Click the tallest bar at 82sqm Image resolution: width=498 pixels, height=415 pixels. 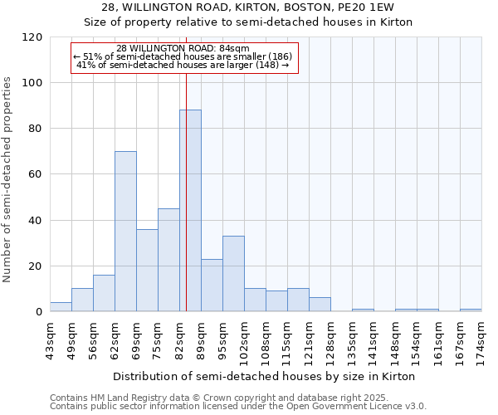(x=190, y=211)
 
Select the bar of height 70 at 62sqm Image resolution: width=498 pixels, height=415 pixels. (x=125, y=232)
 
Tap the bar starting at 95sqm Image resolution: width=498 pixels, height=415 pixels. (x=233, y=274)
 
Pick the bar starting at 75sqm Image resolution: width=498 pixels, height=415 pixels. (x=168, y=260)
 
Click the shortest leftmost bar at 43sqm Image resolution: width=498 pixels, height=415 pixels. (x=61, y=307)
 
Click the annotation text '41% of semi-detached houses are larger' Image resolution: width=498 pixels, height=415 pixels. (x=182, y=65)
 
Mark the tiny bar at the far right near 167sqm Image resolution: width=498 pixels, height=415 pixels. (x=471, y=310)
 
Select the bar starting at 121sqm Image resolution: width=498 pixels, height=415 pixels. (x=320, y=305)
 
